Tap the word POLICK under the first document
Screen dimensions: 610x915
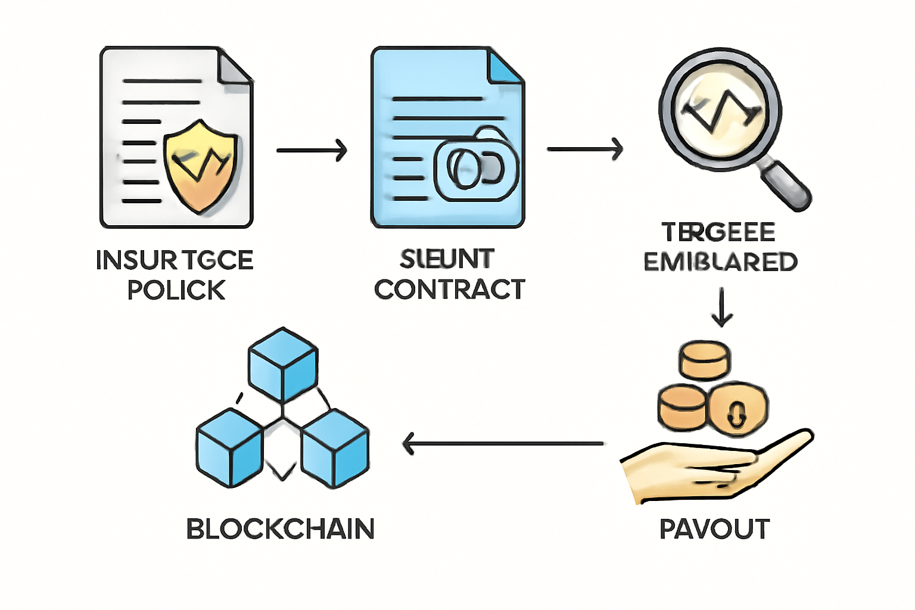point(176,290)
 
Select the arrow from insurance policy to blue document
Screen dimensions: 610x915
point(311,150)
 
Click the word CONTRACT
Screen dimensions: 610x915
point(450,290)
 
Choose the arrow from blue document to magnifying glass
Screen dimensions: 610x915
point(584,148)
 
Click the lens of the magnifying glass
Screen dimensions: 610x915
point(720,111)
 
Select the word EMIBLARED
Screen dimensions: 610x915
point(720,262)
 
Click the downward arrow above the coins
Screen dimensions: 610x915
point(722,307)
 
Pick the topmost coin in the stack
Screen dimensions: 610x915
point(705,359)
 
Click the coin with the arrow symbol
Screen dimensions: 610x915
point(737,409)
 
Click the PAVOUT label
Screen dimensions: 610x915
point(714,529)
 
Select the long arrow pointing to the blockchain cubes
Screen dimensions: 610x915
point(503,444)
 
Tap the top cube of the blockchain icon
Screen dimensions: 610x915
point(283,364)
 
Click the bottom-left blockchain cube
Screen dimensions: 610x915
point(229,448)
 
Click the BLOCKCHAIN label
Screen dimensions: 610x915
point(280,529)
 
